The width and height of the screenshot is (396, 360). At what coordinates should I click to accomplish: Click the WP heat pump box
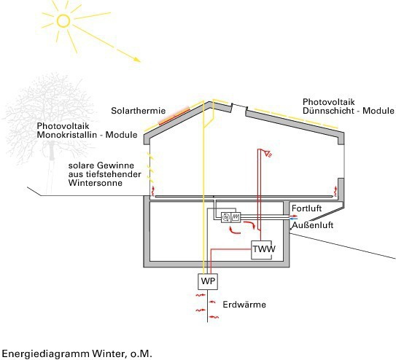tap(208, 281)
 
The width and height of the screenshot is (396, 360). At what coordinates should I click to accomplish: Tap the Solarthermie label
tap(138, 111)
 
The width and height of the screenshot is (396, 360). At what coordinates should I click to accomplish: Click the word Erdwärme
tap(244, 305)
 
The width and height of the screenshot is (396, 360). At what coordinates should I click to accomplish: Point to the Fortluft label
tap(306, 208)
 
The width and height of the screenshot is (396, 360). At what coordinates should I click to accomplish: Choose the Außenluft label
tap(313, 225)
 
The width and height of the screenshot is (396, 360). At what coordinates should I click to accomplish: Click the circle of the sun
tap(63, 20)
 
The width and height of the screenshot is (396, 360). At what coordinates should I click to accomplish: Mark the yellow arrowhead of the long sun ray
tap(137, 59)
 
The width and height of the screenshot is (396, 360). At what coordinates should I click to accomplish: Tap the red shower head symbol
tap(268, 153)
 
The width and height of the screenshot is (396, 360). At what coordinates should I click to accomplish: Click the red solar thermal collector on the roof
tap(174, 116)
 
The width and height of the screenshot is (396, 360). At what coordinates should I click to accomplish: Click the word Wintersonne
tap(96, 183)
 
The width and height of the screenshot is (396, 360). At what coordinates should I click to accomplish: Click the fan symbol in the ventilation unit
tap(226, 217)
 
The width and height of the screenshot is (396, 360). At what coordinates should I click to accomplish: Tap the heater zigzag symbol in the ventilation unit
tap(236, 217)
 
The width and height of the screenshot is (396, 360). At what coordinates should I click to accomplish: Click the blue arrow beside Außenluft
tap(294, 219)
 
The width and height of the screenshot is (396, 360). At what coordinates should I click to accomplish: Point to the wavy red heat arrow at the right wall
tap(335, 191)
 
